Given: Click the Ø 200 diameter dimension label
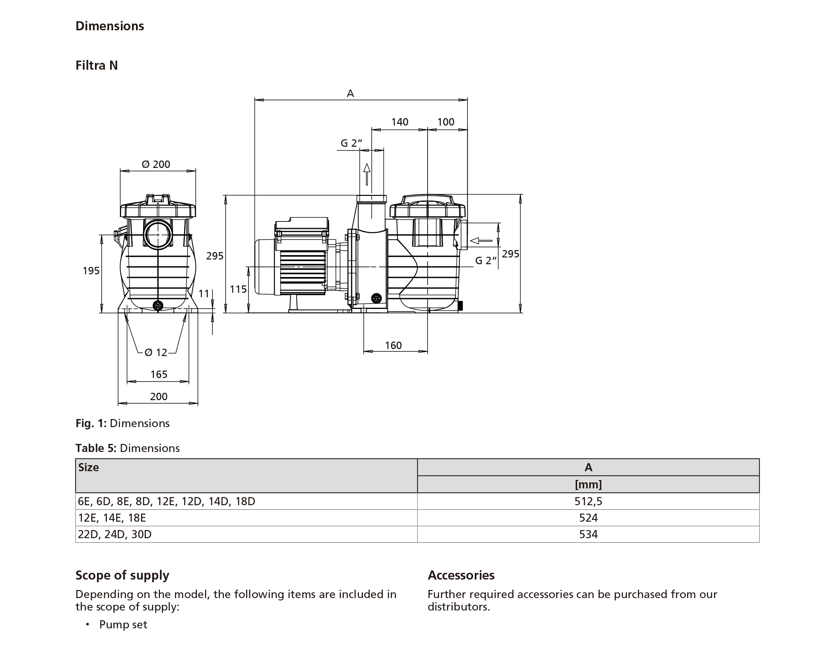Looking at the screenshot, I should point(156,165).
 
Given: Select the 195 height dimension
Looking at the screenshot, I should point(91,271).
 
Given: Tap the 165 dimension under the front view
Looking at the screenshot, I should point(159,374).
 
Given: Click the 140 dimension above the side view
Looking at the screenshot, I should point(400,122).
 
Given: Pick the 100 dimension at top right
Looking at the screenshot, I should point(445,122).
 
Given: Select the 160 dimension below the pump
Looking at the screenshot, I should point(393,345).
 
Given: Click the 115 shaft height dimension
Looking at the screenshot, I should point(238,289).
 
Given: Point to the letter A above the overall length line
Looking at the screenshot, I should point(350,93).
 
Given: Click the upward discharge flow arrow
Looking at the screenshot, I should point(367,174).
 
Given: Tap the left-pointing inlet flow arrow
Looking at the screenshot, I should point(481,241).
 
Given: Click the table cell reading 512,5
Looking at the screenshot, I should point(588,501).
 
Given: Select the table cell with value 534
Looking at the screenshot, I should point(588,534).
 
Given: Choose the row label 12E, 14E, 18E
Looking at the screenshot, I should point(112,518).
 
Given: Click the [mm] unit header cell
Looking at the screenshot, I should point(588,484).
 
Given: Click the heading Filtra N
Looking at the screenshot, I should point(96,65).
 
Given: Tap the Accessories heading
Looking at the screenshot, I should point(461,575).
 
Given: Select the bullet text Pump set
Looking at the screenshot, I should point(123,625).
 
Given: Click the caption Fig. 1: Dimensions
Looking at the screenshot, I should point(122,423).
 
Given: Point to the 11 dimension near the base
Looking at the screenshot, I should point(204,294).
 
